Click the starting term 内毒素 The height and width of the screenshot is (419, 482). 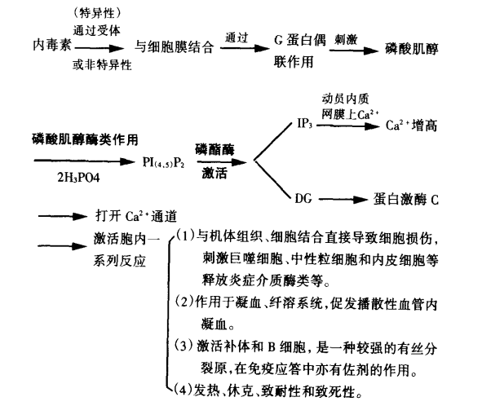[52, 45]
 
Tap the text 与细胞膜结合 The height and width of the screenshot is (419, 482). [174, 47]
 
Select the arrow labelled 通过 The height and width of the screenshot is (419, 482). [245, 48]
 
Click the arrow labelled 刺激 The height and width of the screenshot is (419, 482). [353, 50]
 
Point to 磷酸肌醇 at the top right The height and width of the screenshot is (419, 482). [412, 49]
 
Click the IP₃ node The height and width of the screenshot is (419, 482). [305, 123]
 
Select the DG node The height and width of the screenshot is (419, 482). [303, 199]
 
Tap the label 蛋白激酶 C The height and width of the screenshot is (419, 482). [406, 200]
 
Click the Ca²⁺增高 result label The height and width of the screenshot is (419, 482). [411, 126]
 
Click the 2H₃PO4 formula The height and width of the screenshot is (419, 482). [78, 178]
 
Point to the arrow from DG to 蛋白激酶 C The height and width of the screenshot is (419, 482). [343, 200]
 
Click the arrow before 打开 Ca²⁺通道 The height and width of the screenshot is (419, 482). [63, 217]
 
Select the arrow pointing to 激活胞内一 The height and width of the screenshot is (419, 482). [63, 246]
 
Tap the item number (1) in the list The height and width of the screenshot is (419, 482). [186, 236]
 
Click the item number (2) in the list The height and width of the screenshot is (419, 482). [185, 302]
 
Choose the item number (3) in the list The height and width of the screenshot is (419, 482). [185, 346]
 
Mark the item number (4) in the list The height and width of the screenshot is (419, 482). [184, 390]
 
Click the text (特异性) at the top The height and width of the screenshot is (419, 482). [97, 13]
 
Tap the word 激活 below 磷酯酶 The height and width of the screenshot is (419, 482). [214, 174]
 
